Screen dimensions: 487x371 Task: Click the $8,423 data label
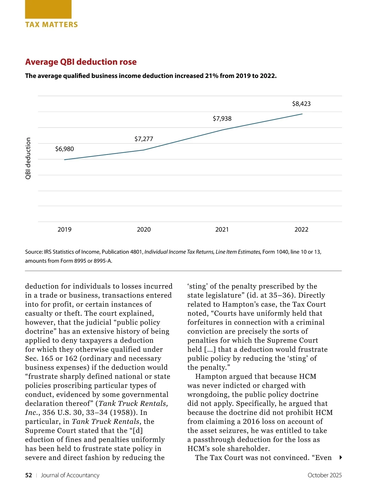pos(301,104)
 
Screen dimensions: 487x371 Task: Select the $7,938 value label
pos(222,119)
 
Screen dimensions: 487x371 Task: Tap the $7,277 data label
pos(144,139)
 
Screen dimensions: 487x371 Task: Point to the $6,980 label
pos(64,149)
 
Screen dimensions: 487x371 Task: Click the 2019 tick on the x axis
pos(64,229)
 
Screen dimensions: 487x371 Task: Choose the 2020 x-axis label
pos(144,229)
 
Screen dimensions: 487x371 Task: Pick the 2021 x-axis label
pos(222,229)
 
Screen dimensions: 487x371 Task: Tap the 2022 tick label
pos(301,229)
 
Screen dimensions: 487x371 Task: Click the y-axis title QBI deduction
pos(28,158)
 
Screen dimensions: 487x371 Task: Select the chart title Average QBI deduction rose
pos(81,62)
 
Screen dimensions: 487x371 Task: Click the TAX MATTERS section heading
pos(51,25)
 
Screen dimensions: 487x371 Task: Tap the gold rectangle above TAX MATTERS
pos(48,9)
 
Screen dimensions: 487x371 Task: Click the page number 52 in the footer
pos(28,475)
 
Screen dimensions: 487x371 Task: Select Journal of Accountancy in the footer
pos(70,475)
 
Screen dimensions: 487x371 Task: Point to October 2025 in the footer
pos(324,475)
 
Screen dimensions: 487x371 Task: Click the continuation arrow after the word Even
pos(340,458)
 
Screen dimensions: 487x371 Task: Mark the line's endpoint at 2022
pos(302,114)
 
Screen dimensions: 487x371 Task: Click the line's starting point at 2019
pos(64,160)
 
